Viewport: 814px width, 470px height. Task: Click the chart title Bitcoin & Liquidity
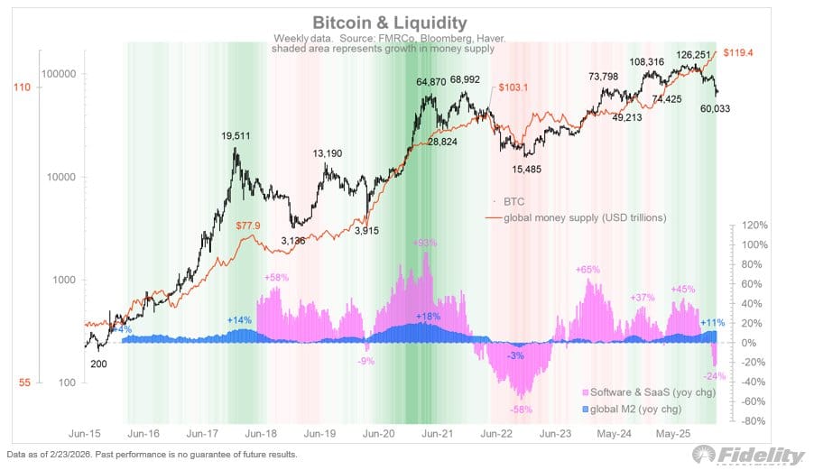point(390,22)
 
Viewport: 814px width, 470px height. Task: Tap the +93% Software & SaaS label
point(425,244)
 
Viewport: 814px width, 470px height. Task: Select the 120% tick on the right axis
point(754,225)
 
